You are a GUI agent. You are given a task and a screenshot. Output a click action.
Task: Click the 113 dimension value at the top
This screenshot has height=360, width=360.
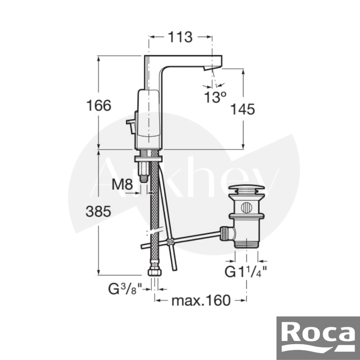180,37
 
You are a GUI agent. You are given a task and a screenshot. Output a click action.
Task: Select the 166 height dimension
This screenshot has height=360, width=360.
99,105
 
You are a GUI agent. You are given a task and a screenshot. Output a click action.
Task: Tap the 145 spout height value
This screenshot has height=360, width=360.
242,109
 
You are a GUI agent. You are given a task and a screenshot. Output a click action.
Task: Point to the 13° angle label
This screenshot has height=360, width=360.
215,97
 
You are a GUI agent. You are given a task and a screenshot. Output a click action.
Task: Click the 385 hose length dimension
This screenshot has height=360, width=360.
98,211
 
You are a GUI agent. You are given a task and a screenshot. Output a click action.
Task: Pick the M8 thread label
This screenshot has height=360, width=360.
122,184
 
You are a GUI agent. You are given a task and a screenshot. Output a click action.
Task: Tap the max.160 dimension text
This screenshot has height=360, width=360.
201,300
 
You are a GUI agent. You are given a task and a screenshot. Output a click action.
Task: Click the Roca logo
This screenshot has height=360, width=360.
318,338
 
